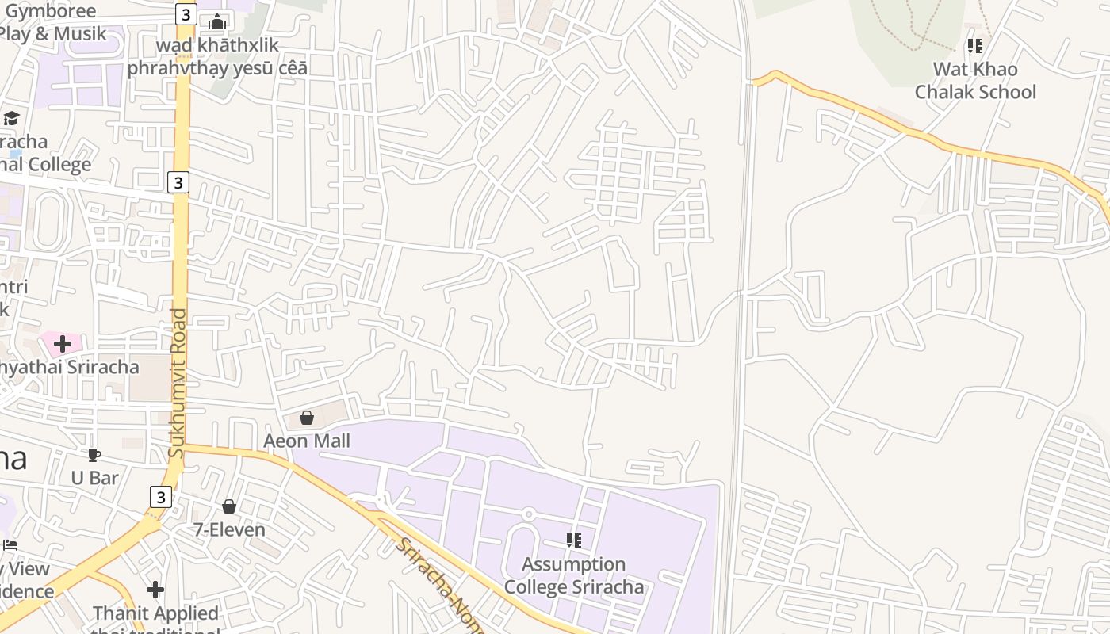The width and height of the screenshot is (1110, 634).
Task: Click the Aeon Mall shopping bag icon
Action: pos(307,418)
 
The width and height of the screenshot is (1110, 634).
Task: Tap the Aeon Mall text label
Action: pos(307,441)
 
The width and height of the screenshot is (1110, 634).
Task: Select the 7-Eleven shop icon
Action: pos(229,506)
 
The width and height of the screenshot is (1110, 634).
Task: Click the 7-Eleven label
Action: pos(230,529)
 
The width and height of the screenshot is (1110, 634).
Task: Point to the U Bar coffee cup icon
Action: pos(94,455)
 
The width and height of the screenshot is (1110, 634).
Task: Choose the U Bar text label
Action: pos(94,478)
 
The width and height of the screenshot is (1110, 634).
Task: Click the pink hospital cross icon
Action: pos(62,344)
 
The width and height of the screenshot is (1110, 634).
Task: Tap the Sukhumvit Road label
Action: pos(177,383)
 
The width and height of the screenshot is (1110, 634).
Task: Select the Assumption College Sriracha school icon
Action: pos(574,540)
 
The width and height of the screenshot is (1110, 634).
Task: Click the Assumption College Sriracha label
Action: pos(574,575)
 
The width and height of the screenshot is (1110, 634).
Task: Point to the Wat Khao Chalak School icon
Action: pos(975,46)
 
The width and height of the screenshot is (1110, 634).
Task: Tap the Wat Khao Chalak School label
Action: pos(975,80)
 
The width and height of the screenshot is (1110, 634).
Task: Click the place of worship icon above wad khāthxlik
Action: pos(217,21)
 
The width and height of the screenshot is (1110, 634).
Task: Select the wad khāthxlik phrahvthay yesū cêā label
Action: pos(217,56)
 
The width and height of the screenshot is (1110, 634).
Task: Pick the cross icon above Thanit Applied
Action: pos(155,590)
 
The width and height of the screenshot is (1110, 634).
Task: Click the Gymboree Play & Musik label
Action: pos(51,22)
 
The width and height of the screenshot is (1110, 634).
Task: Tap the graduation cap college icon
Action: pos(11,119)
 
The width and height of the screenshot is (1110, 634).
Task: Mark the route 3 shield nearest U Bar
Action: pos(160,497)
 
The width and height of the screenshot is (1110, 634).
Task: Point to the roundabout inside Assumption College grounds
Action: pos(529,514)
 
